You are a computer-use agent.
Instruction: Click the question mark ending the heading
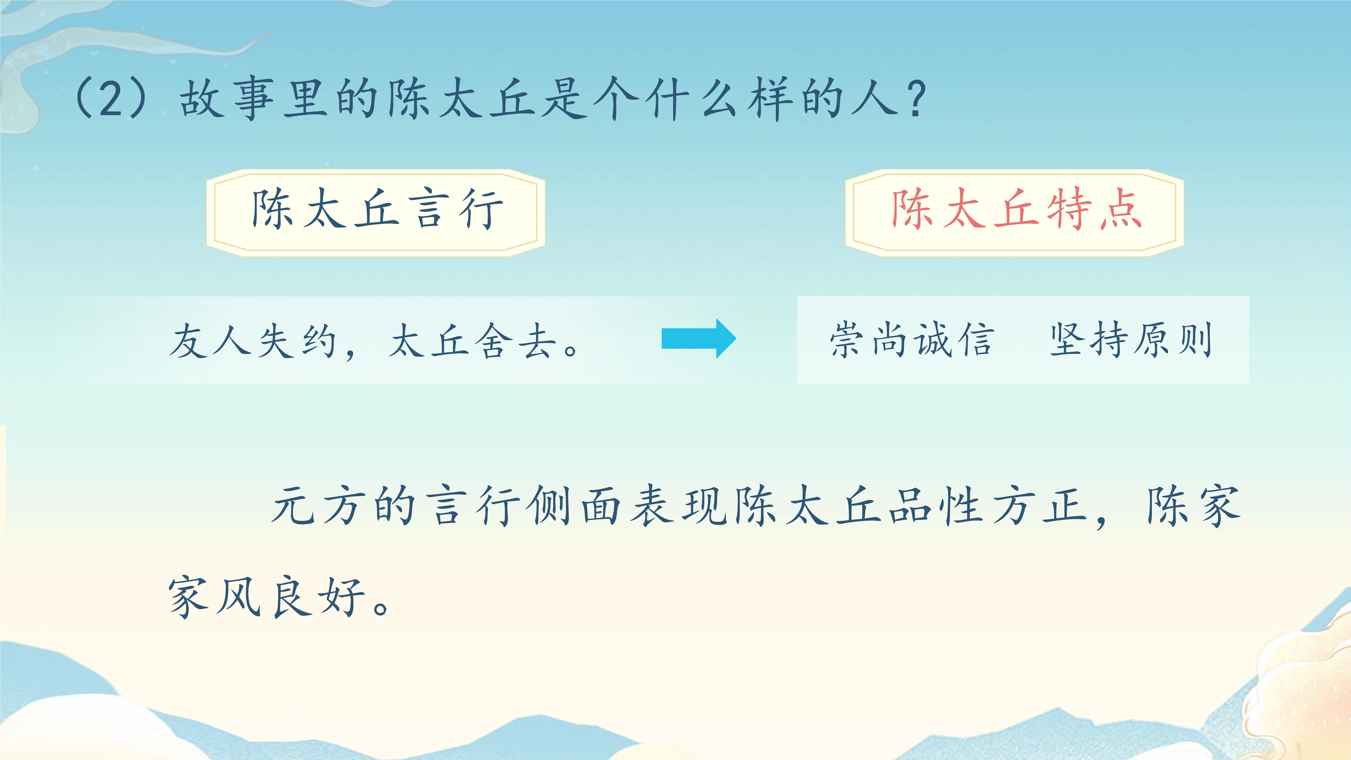pos(915,100)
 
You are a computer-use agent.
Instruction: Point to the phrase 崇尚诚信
pos(912,340)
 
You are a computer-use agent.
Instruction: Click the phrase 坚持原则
pos(1131,340)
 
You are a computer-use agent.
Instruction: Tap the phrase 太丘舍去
pos(472,341)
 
